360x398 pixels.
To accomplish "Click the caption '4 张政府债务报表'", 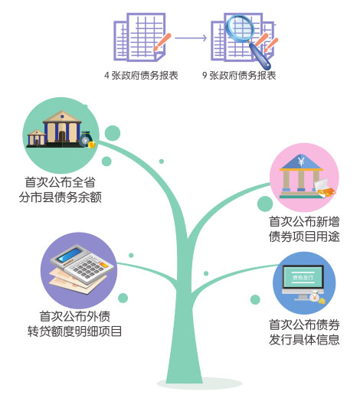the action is coord(141,76).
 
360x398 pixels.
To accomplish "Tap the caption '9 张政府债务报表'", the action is coord(239,76).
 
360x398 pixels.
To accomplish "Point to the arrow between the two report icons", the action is coord(191,38).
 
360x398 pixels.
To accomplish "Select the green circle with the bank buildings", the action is coord(61,135).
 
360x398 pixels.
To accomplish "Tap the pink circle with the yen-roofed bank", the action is coord(304,178).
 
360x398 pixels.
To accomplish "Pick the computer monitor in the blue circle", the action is coord(303,282).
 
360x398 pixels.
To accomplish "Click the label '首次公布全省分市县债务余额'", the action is coord(61,190).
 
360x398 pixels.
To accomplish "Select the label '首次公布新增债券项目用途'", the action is coord(304,229).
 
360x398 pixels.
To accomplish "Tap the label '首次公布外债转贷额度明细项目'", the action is coord(74,324).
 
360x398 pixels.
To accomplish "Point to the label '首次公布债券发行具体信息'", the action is coord(304,332).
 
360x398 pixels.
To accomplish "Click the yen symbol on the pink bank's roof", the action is coord(301,161).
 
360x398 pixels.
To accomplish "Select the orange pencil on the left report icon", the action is coord(162,41).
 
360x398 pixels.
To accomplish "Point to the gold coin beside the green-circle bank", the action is coord(91,145).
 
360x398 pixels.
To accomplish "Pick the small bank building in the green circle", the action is coord(37,138).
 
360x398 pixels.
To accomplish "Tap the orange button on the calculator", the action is coord(104,265).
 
